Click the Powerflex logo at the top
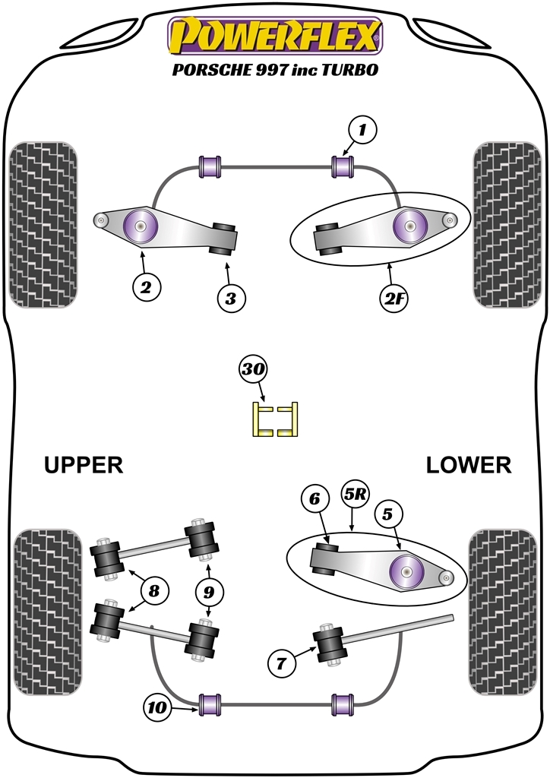click(x=275, y=36)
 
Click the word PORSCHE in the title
click(x=212, y=70)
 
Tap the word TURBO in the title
click(x=350, y=70)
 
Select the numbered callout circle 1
click(x=362, y=131)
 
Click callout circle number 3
click(x=231, y=299)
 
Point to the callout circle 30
click(x=253, y=370)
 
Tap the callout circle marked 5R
click(x=353, y=494)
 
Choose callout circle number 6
click(x=315, y=498)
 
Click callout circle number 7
click(x=281, y=663)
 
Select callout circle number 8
click(x=154, y=591)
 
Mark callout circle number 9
click(x=209, y=592)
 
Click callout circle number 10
click(x=158, y=707)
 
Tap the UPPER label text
click(x=84, y=465)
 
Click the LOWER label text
click(x=469, y=465)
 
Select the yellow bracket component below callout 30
click(x=275, y=419)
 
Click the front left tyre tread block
click(x=43, y=225)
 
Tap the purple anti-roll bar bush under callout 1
click(x=343, y=166)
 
